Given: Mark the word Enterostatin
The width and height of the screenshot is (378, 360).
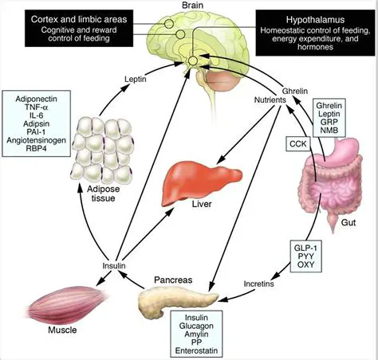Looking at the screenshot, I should [198, 351].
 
